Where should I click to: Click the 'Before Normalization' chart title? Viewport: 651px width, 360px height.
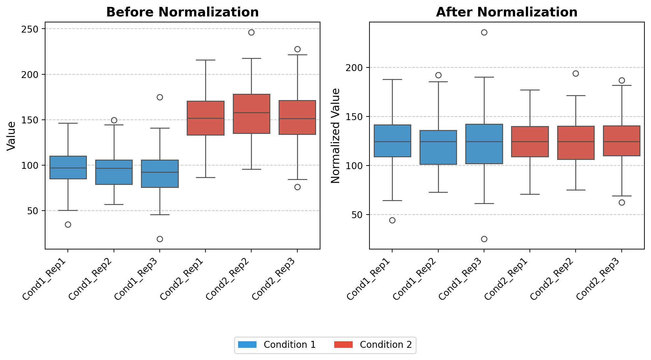(182, 12)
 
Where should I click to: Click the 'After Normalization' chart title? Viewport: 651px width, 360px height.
(507, 12)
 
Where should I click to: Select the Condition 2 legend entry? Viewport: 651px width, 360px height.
(373, 345)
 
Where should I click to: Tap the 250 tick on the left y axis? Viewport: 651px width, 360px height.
(30, 29)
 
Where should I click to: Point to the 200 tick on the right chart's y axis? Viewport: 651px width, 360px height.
(354, 68)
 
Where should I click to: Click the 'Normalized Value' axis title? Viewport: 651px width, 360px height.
(336, 136)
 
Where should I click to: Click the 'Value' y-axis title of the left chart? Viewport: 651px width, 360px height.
(11, 136)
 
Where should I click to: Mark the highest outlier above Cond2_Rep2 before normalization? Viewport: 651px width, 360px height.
(251, 32)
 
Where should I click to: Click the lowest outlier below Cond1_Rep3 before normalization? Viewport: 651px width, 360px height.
(160, 239)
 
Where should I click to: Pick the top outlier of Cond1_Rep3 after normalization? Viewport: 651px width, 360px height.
(484, 32)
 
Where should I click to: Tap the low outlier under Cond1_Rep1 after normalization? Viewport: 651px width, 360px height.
(392, 220)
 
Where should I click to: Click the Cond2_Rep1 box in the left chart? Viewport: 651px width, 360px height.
(205, 118)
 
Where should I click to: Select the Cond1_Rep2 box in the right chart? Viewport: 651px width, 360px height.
(438, 147)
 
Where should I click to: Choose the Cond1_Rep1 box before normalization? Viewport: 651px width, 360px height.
(68, 167)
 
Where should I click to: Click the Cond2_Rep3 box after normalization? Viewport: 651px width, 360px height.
(622, 141)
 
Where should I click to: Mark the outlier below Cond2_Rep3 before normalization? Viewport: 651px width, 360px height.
(297, 187)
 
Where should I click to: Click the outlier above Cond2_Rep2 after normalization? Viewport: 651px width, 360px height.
(576, 73)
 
